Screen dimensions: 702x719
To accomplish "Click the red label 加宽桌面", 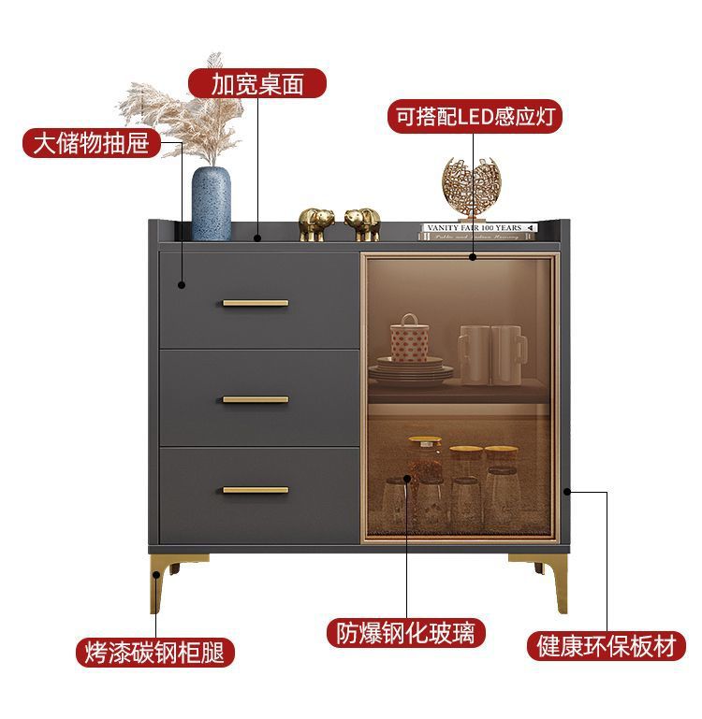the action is pyautogui.click(x=257, y=84).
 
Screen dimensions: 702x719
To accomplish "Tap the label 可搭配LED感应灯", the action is pyautogui.click(x=475, y=117).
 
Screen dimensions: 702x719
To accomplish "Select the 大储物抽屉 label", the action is pyautogui.click(x=91, y=143).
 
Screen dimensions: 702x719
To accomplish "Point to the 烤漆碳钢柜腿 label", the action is pyautogui.click(x=154, y=652).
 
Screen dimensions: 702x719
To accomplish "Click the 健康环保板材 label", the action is pyautogui.click(x=606, y=646).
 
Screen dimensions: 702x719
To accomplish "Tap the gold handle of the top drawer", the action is pyautogui.click(x=256, y=303).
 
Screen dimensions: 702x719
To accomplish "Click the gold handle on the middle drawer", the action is pyautogui.click(x=256, y=399).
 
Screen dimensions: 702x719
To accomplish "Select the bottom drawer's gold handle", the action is pyautogui.click(x=256, y=489).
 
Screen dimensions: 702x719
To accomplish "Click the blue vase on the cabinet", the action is pyautogui.click(x=212, y=203).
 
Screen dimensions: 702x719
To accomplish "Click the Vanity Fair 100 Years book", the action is pyautogui.click(x=478, y=227).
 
